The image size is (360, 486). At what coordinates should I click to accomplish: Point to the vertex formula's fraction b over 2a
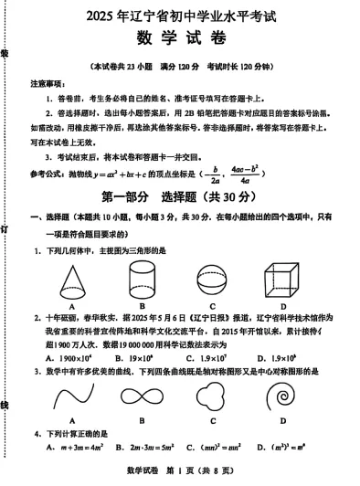click(x=216, y=173)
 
